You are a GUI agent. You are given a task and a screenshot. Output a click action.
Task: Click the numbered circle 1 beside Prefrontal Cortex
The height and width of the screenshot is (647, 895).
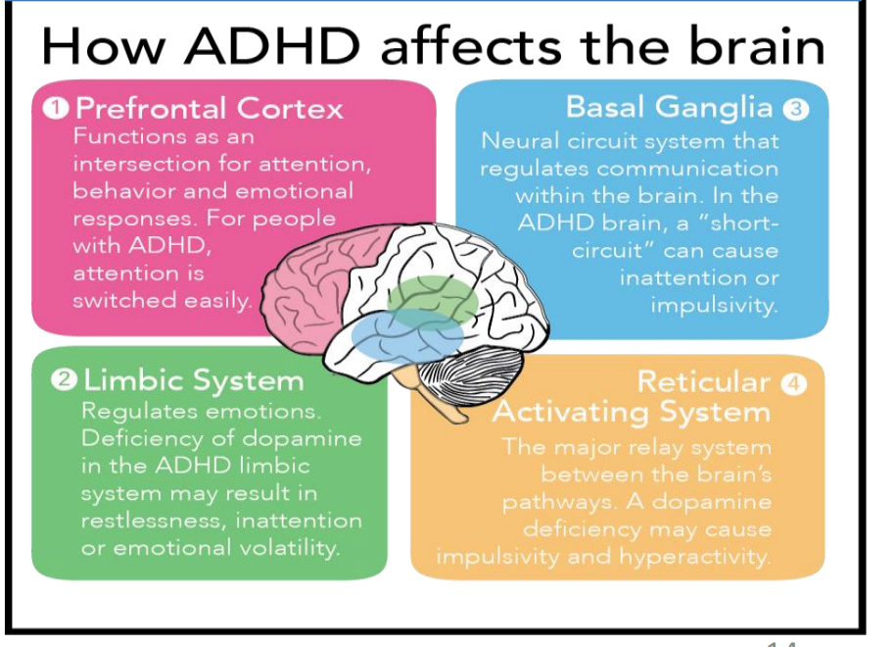coord(56,108)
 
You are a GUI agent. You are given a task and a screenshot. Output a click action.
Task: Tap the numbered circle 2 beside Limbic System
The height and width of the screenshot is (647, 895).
coord(64,380)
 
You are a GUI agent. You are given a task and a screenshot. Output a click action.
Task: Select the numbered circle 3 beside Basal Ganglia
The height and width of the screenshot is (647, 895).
coord(796,109)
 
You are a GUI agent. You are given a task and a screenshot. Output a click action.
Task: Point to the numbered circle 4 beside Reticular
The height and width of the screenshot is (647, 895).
coord(794,384)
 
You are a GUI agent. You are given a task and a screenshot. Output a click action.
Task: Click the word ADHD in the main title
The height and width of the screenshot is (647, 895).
coord(271,46)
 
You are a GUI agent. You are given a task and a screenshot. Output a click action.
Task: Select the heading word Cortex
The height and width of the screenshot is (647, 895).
coord(290,108)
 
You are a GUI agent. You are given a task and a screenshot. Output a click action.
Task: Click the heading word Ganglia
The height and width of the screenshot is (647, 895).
coord(714,109)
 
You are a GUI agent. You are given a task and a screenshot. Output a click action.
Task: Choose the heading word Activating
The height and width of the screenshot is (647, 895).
coord(571,413)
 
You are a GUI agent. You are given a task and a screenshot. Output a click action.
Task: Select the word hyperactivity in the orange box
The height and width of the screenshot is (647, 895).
coord(694,557)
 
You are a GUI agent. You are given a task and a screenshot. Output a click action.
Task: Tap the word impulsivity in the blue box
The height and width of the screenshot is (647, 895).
coord(714,305)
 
